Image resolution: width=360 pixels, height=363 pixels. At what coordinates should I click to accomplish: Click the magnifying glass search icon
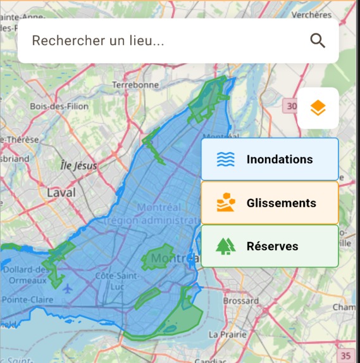pos(318,41)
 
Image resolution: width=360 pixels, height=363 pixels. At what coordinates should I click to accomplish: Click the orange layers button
pos(318,108)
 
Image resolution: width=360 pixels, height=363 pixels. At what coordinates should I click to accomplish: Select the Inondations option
pos(270,159)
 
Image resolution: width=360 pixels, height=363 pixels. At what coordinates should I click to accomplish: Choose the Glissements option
pos(270,203)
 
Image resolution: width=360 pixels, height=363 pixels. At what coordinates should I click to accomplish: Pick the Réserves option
pos(270,246)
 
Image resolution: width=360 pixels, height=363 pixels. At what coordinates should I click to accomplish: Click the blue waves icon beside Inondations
pos(226,159)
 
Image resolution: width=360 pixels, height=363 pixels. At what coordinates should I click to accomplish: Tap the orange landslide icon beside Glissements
pos(226,203)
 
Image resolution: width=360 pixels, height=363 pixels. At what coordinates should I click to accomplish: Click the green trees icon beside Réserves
pos(226,246)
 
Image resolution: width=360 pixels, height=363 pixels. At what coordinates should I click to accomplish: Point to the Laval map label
pos(61,192)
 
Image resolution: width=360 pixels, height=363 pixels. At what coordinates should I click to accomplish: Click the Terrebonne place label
pos(135,84)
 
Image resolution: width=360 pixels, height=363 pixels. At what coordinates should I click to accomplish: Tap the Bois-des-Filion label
pos(59,106)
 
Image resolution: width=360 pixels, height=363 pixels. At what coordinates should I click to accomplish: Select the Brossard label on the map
pos(241,300)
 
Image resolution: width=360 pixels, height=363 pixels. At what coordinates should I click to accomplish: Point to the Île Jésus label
pos(78,166)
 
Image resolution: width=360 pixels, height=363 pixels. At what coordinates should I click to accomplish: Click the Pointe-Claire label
pos(27,299)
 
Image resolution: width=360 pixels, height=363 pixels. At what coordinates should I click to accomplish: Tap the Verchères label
pos(311,15)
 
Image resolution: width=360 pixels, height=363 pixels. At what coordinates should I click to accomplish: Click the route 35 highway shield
pos(345,355)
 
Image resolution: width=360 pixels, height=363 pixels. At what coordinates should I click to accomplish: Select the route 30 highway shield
pos(290,106)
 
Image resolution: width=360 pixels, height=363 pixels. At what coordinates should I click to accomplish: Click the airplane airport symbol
pos(68,288)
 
